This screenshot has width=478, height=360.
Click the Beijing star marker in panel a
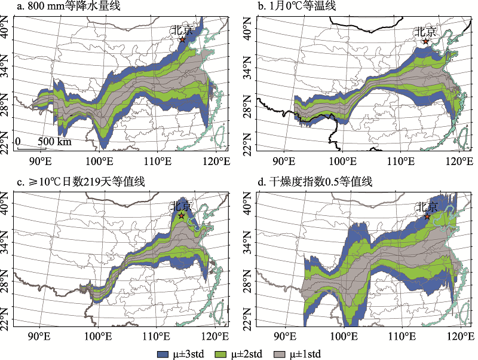[183, 39]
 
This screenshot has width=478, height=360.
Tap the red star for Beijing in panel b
[425, 41]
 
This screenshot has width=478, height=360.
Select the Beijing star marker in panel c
[182, 216]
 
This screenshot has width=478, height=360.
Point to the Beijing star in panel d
[427, 216]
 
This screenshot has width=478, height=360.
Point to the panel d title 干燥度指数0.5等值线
[315, 182]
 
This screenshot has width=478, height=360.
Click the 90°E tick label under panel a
[39, 160]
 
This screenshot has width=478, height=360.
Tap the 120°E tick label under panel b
[459, 160]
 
